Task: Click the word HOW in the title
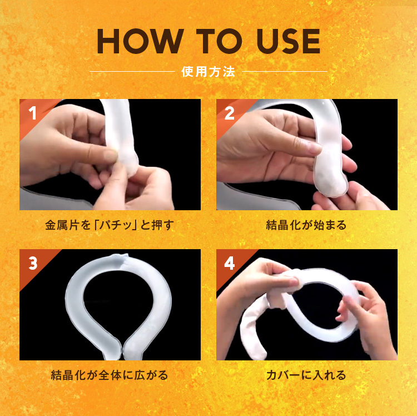click(139, 41)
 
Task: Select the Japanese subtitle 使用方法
click(208, 72)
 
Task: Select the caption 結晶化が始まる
click(306, 226)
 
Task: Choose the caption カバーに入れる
click(306, 375)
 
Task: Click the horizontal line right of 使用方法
click(285, 72)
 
